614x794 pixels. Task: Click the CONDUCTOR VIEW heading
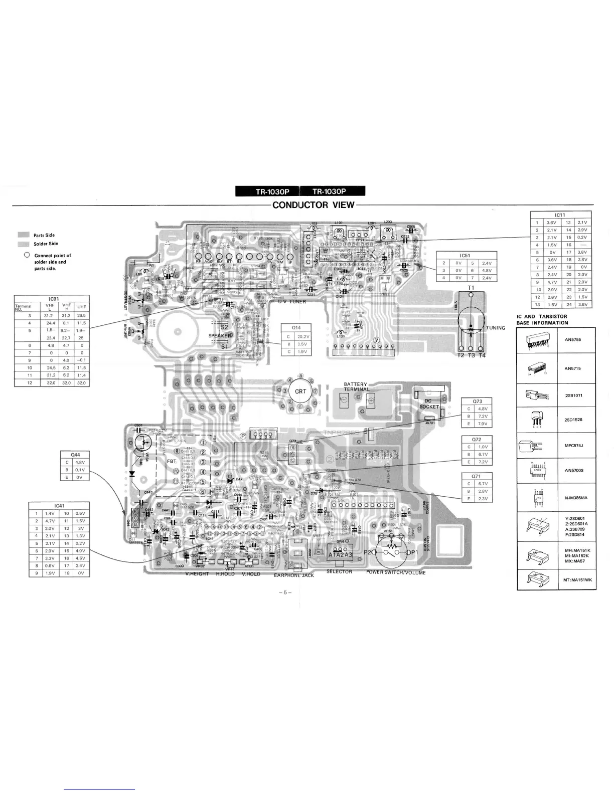(314, 205)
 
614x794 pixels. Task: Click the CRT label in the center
(300, 391)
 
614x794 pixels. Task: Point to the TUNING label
(495, 328)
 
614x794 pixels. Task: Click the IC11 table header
(561, 215)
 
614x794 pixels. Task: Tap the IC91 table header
(52, 299)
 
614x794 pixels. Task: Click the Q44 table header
(76, 455)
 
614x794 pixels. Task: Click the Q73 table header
(477, 401)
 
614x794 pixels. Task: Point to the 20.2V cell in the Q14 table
(303, 336)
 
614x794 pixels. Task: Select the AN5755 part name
(572, 340)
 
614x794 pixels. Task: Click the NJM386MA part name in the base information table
(572, 498)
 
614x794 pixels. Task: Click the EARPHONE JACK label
(294, 575)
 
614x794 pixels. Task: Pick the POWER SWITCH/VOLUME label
(396, 572)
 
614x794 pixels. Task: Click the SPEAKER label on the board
(220, 335)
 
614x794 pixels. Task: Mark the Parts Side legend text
(44, 235)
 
